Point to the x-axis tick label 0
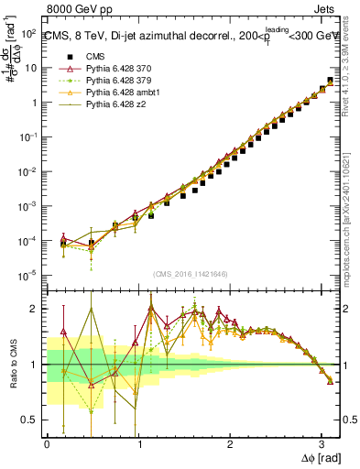[x=48, y=445]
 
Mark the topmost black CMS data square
[x=330, y=82]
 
